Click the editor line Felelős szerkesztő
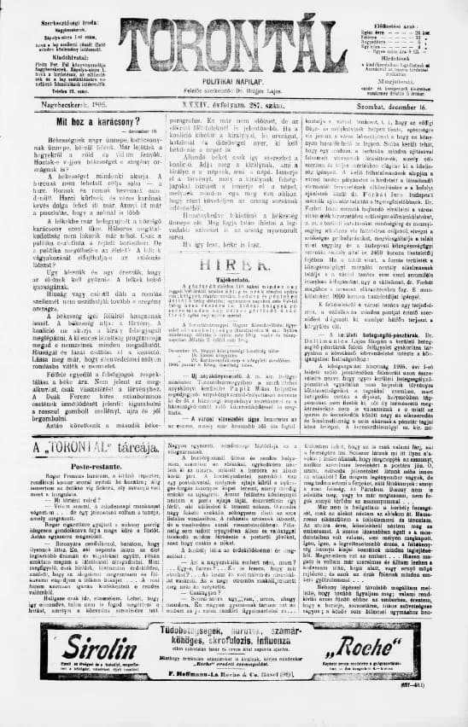[233, 89]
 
